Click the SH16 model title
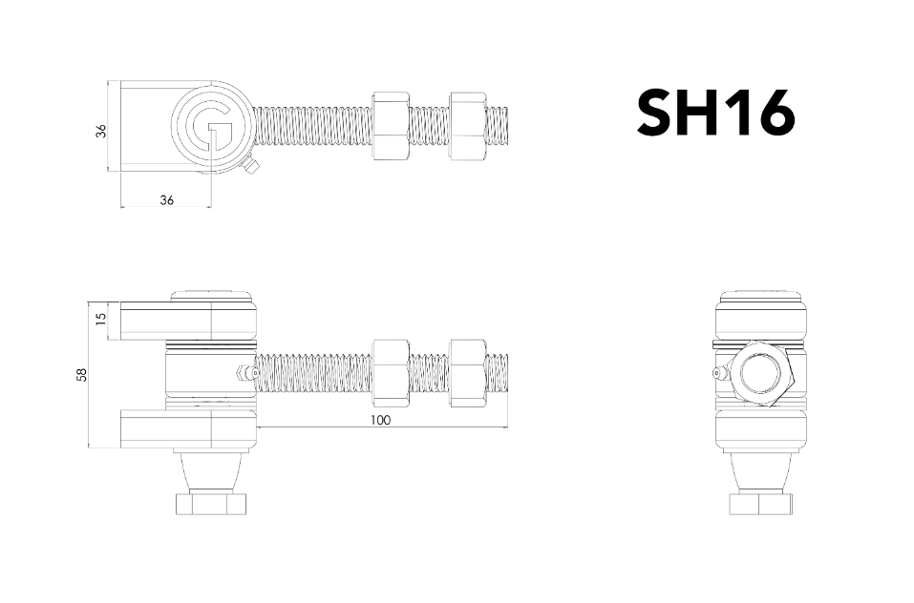(x=715, y=114)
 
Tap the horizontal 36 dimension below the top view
(x=166, y=199)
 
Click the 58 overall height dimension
(x=81, y=375)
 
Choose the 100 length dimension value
(x=381, y=419)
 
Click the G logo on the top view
(x=210, y=127)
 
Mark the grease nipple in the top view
(x=251, y=168)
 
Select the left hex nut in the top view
(x=391, y=126)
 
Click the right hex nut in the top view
(x=467, y=126)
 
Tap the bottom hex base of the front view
(x=211, y=503)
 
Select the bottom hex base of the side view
(x=761, y=503)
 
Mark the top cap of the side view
(x=761, y=298)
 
